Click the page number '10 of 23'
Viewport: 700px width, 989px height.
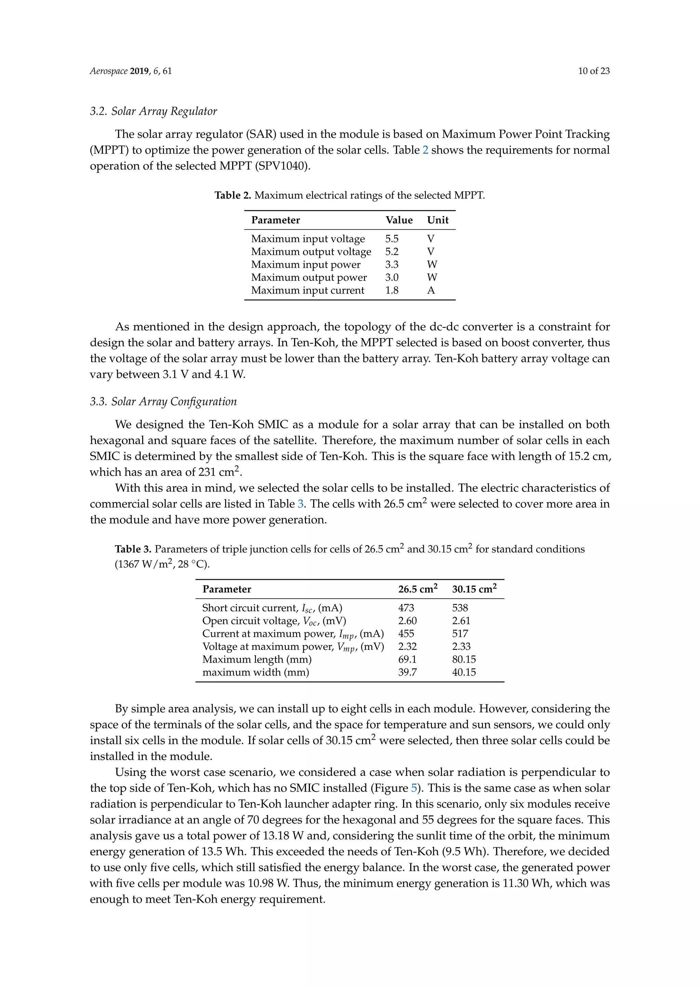click(594, 71)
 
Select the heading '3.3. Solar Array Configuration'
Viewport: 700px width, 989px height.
click(163, 402)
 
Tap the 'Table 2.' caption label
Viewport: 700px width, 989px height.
click(233, 196)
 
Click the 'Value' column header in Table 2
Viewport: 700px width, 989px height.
click(399, 220)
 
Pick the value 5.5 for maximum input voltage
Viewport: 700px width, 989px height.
click(391, 239)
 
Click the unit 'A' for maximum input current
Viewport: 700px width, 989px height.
click(431, 290)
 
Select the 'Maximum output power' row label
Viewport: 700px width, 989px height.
click(309, 277)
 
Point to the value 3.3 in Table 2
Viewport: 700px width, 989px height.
click(391, 264)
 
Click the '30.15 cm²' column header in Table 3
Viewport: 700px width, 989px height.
click(474, 589)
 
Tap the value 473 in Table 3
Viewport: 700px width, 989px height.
click(406, 608)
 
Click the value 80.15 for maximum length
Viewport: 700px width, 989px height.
click(464, 659)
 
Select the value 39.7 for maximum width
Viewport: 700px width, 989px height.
click(407, 672)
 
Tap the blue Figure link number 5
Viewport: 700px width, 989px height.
click(414, 788)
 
